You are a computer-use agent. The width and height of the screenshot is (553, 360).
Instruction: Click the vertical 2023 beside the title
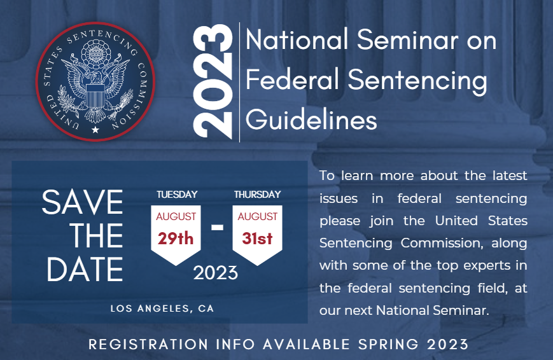pyautogui.click(x=213, y=81)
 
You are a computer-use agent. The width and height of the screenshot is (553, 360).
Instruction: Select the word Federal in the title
pyautogui.click(x=292, y=80)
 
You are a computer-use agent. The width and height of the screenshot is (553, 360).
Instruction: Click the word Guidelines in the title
pyautogui.click(x=311, y=120)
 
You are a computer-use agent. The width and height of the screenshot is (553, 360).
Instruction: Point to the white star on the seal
pyautogui.click(x=95, y=130)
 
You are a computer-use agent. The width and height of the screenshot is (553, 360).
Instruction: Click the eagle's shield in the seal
pyautogui.click(x=95, y=95)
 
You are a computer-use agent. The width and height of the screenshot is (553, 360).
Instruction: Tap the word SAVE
pyautogui.click(x=83, y=202)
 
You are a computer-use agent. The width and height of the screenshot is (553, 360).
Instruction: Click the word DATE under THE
pyautogui.click(x=85, y=268)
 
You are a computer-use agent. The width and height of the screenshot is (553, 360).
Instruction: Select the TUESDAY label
pyautogui.click(x=177, y=194)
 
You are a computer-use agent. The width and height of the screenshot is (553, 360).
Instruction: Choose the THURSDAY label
pyautogui.click(x=258, y=194)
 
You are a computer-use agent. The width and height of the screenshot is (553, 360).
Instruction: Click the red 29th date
pyautogui.click(x=176, y=239)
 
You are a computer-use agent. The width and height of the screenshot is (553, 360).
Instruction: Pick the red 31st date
pyautogui.click(x=257, y=239)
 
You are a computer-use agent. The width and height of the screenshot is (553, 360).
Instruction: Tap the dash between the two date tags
pyautogui.click(x=217, y=226)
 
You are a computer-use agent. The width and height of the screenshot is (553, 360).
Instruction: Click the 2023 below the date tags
pyautogui.click(x=216, y=273)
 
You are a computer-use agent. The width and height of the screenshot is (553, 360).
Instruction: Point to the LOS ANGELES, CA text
pyautogui.click(x=162, y=308)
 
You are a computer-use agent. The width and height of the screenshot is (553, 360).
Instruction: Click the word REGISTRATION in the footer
pyautogui.click(x=148, y=344)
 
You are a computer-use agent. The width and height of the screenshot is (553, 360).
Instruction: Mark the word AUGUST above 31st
pyautogui.click(x=258, y=216)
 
